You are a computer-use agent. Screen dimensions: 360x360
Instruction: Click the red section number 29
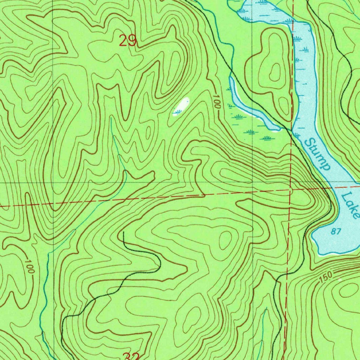(127, 41)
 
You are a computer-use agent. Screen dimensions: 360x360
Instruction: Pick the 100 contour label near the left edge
(30, 267)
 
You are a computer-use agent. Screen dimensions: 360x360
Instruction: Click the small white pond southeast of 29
(181, 107)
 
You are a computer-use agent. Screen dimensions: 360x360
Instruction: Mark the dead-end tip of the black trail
(123, 232)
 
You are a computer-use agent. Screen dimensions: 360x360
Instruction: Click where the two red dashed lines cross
(290, 190)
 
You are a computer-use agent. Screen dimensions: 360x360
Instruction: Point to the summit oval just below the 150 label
(348, 290)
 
